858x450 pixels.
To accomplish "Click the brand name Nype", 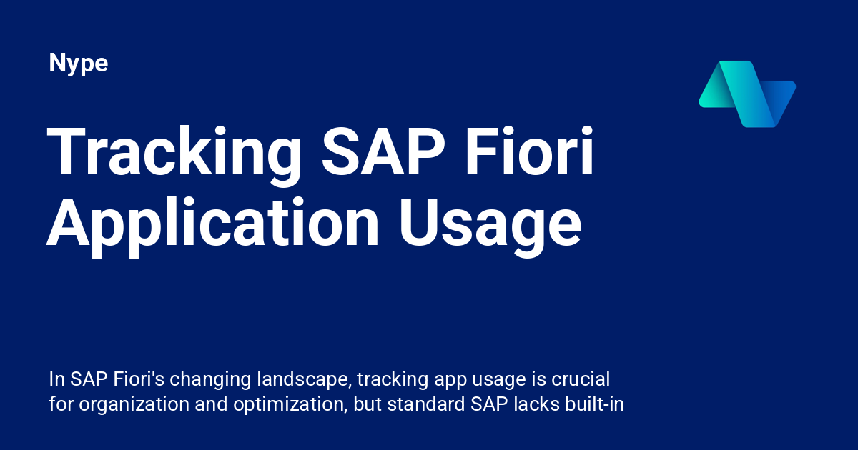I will click(x=79, y=64).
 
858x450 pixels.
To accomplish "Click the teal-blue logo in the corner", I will click(x=746, y=94).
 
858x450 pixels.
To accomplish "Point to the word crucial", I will click(x=581, y=379).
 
